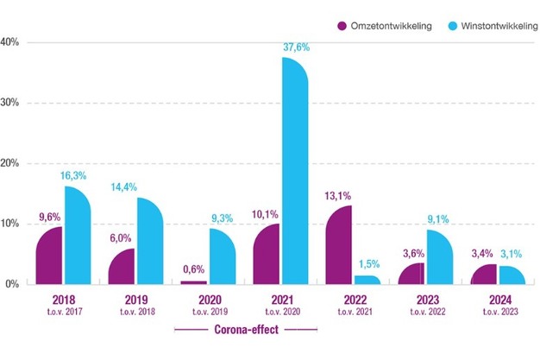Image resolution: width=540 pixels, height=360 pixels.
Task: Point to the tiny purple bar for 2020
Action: pos(194,281)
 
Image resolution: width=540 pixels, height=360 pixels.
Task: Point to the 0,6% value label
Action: pos(192,269)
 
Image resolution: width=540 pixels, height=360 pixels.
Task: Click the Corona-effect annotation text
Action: pos(246,330)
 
